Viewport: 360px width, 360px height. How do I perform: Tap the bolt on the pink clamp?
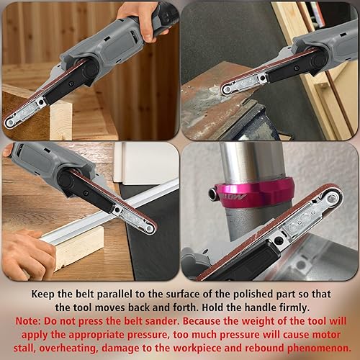click(x=212, y=194)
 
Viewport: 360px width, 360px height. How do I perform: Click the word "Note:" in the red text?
click(x=28, y=321)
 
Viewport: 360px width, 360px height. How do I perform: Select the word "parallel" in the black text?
click(x=114, y=294)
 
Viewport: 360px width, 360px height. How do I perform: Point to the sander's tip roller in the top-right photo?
click(x=226, y=90)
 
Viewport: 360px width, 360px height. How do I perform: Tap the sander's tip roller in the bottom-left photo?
click(x=150, y=228)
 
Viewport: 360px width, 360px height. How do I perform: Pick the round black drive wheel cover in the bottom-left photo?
click(x=66, y=179)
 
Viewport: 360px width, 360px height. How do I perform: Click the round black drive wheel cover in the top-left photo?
click(x=88, y=70)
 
